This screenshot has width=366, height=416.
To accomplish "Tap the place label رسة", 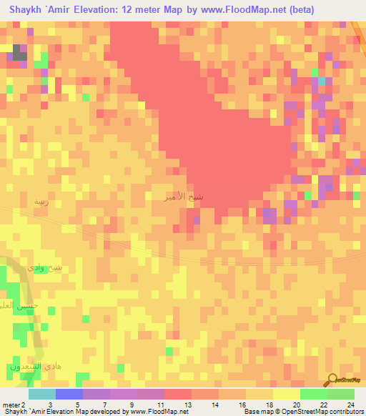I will (41, 202).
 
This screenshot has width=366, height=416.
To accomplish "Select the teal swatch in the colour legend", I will (41, 394).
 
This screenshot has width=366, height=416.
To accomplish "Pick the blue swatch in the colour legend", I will (69, 394).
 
